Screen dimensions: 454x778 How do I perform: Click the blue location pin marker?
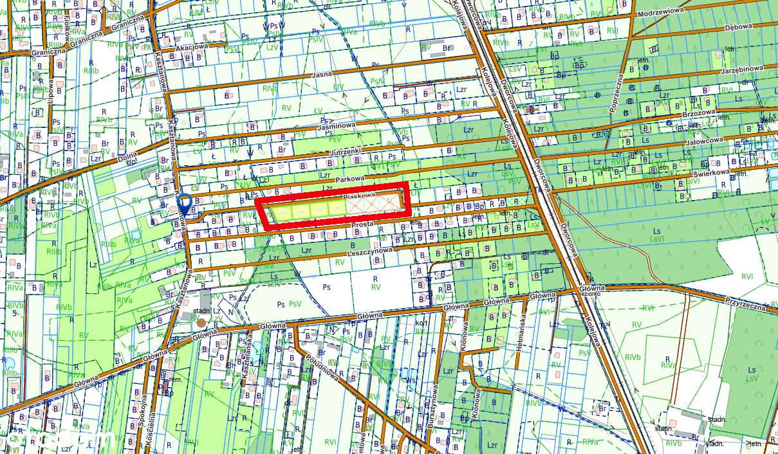click(184, 203)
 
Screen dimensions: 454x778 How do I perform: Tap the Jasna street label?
click(321, 75)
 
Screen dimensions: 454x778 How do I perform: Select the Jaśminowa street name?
click(337, 127)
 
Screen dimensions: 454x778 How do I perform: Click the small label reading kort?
click(422, 323)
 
